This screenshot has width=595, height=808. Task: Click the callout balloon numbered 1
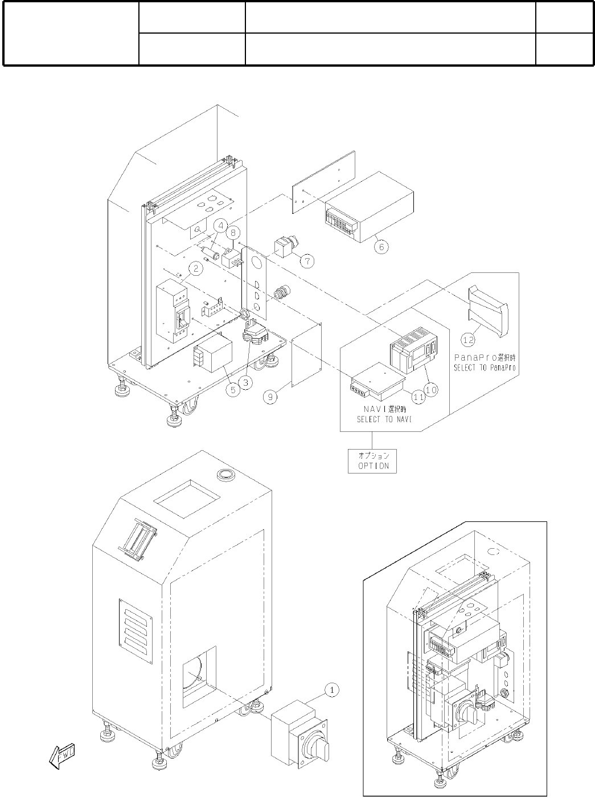coord(333,689)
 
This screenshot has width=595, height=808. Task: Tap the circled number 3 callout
coord(245,382)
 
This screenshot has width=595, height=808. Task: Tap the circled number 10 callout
coord(431,390)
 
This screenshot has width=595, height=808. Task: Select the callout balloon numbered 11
coord(418,398)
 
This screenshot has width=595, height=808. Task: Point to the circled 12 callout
coord(467,340)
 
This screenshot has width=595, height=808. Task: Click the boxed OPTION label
coord(372,460)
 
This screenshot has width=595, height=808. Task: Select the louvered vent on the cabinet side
coord(136,631)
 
